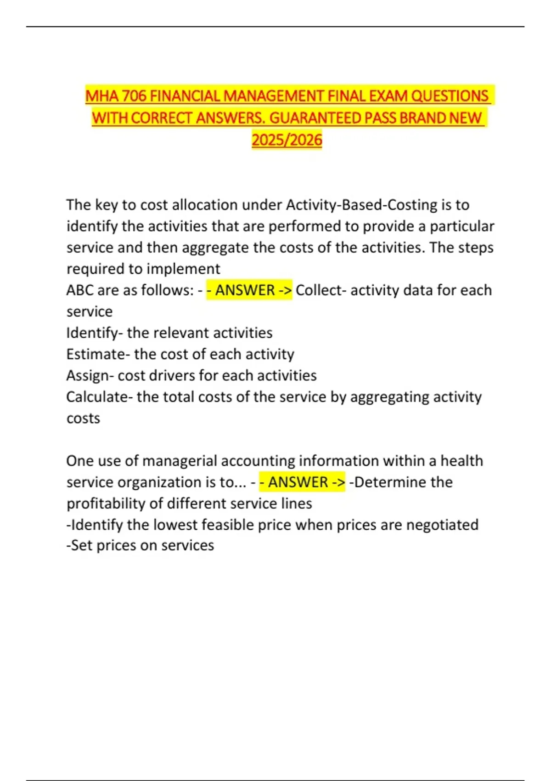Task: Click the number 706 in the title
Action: [x=134, y=96]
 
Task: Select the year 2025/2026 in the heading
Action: [x=287, y=140]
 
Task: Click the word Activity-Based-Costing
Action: [x=361, y=205]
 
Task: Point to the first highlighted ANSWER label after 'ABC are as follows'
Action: [x=249, y=290]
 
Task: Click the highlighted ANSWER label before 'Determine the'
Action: [x=302, y=482]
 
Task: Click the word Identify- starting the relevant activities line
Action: [x=95, y=333]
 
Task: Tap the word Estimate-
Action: [x=98, y=354]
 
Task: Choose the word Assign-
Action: [x=90, y=376]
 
